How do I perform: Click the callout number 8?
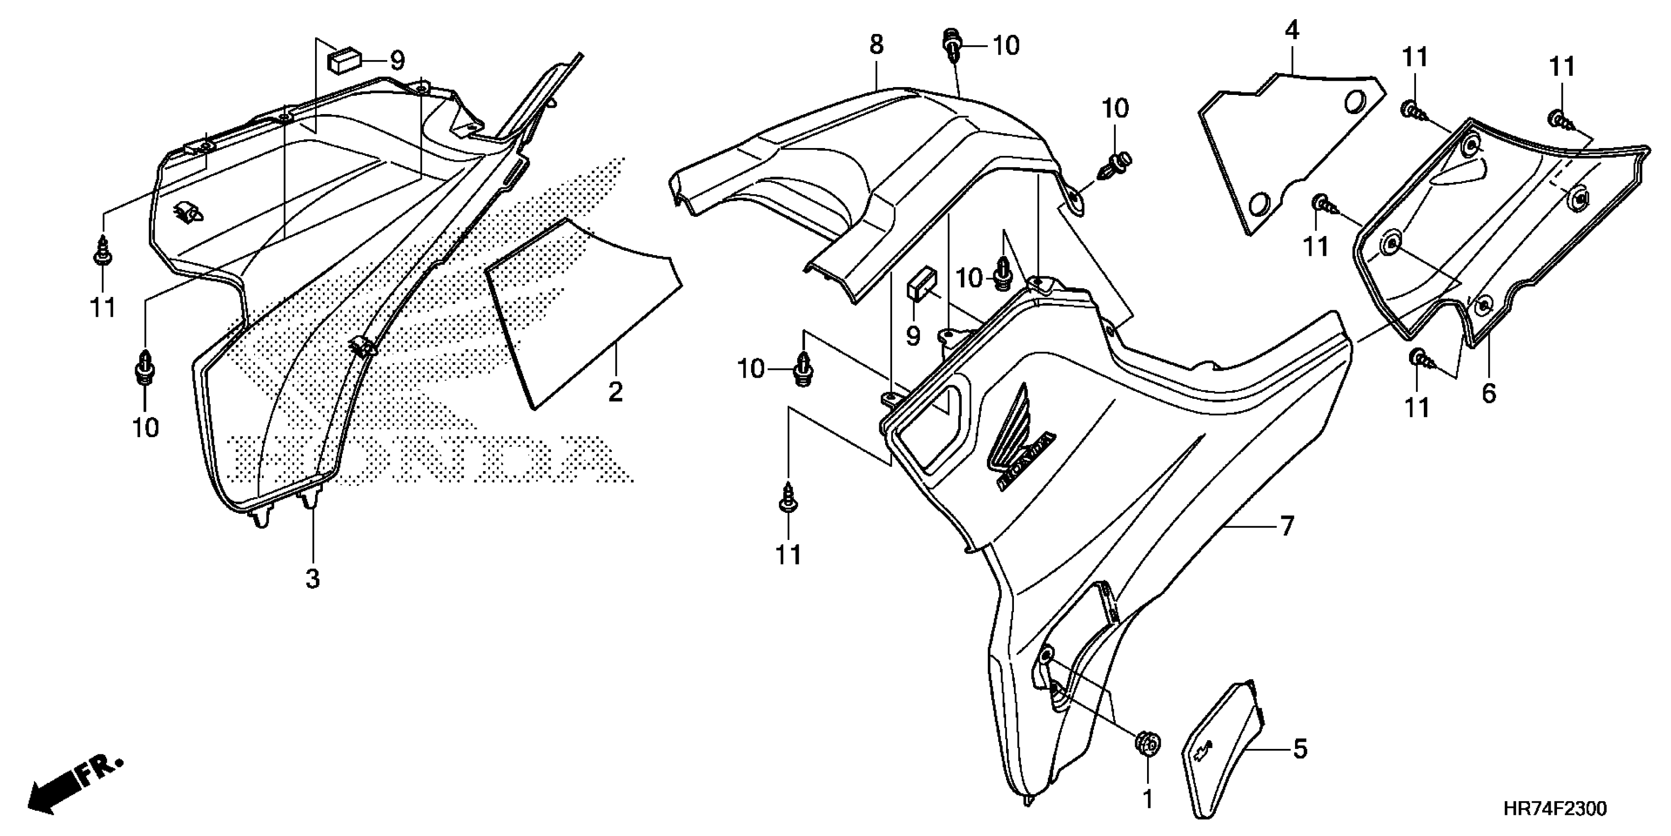point(876,45)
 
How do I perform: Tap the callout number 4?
point(1292,30)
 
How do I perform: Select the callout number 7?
point(1287,526)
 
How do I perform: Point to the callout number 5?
point(1300,749)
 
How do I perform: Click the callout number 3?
point(313,578)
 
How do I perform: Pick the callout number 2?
point(615,391)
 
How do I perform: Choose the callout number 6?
point(1489,393)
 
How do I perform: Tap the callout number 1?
point(1148,799)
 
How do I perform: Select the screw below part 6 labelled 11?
point(1418,358)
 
